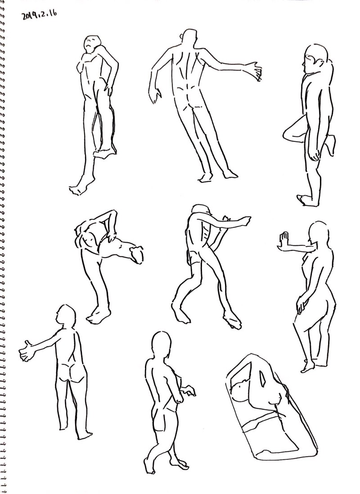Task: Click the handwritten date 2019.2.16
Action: tap(39, 14)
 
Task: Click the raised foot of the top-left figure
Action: tap(105, 154)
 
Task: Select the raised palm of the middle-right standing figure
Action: tap(283, 241)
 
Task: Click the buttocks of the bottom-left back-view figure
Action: tap(73, 373)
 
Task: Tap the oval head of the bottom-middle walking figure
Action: tap(162, 344)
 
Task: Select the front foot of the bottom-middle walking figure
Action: tap(149, 466)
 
